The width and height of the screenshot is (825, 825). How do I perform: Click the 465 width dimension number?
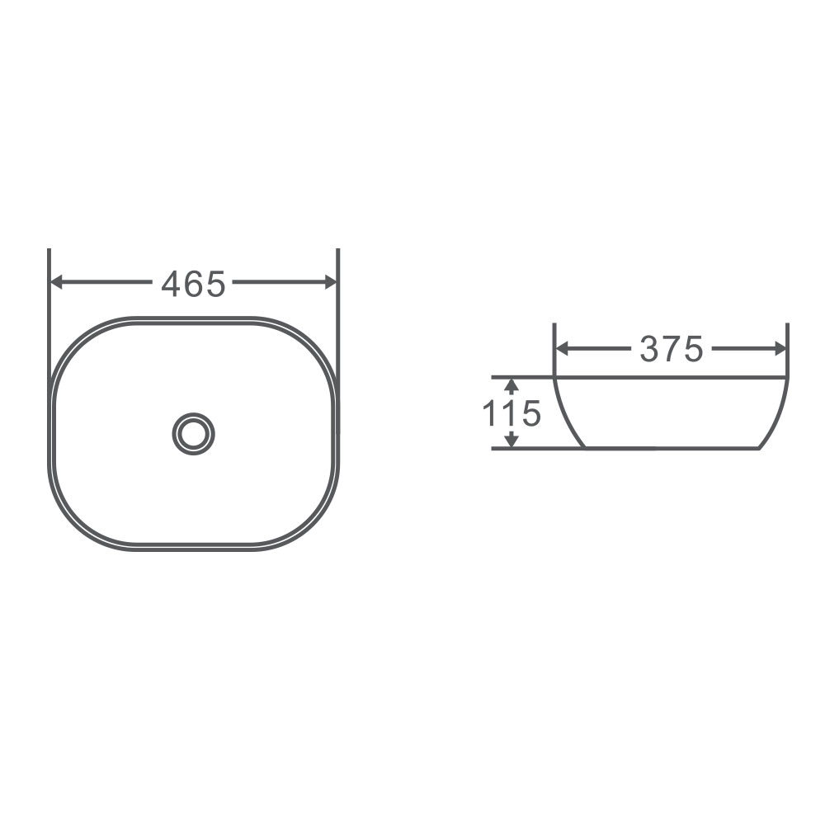click(193, 284)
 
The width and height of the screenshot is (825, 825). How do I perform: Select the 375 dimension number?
click(671, 350)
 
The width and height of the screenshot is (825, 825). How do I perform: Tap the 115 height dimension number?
click(511, 413)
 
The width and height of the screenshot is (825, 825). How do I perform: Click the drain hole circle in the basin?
click(193, 432)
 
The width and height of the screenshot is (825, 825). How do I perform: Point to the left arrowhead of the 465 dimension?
click(56, 282)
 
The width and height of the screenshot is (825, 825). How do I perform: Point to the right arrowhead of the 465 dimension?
click(331, 282)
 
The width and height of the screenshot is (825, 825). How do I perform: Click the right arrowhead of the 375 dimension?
click(780, 349)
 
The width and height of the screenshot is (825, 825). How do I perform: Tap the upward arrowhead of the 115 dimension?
click(511, 384)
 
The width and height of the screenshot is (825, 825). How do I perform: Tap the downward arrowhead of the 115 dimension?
click(511, 442)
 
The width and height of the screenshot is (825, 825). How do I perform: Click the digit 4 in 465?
click(171, 285)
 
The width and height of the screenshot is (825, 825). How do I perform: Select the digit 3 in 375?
click(649, 350)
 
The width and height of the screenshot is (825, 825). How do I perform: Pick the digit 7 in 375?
click(671, 350)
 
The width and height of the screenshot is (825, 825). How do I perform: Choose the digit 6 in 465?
click(193, 285)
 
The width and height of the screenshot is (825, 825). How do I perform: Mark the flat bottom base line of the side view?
click(670, 449)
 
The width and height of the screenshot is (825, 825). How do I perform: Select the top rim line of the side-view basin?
click(670, 378)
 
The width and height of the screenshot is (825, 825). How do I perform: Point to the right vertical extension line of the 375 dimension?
click(788, 346)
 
